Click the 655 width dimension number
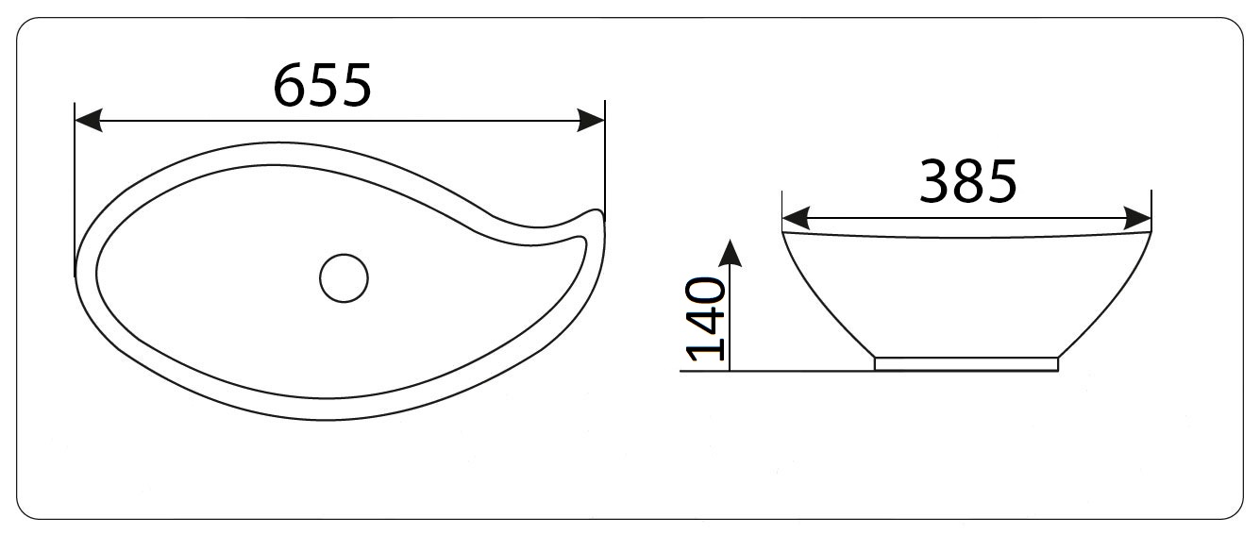[322, 86]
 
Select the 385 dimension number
[968, 182]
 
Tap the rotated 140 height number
[706, 318]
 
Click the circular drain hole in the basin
[344, 278]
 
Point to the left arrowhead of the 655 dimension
[89, 121]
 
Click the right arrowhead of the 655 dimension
[591, 121]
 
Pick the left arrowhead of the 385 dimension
[796, 218]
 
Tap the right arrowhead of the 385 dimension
[1137, 218]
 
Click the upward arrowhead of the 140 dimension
[730, 252]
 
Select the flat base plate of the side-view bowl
[966, 364]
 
